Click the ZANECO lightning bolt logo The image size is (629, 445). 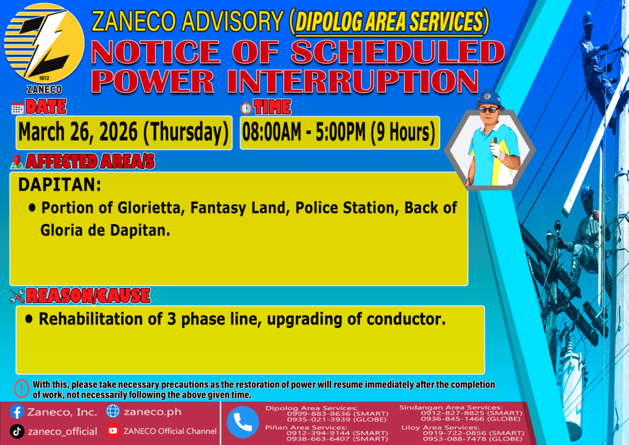coord(44,44)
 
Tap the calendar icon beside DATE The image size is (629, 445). coord(17,108)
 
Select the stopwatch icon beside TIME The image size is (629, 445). coord(246,108)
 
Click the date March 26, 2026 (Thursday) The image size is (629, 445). coord(123,132)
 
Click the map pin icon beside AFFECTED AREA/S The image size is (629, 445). coord(17,162)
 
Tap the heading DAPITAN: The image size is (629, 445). coord(60,185)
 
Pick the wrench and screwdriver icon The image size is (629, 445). coord(17,296)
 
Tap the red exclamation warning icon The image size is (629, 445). coord(21,388)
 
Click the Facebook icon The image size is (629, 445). coord(17,412)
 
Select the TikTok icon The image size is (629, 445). coord(17,431)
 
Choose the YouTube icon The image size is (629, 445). coord(113,431)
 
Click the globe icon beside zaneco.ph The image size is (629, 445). coord(113,411)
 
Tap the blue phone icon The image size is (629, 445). coord(242,422)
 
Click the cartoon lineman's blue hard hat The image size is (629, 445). coord(488,99)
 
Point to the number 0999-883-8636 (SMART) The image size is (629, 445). coord(337,414)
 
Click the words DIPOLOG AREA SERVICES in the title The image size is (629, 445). coord(389,21)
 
